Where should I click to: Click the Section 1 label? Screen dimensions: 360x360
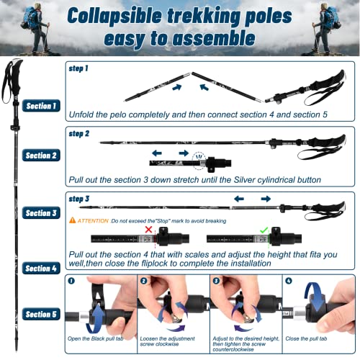point(40,107)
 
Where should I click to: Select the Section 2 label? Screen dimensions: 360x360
point(40,156)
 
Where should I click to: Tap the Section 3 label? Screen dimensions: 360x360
point(40,213)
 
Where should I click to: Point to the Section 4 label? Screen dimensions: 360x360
point(40,268)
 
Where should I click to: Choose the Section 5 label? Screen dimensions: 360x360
point(40,315)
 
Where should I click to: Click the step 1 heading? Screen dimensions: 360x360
point(78,68)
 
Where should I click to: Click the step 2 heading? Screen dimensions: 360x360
point(78,133)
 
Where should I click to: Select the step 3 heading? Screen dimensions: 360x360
point(78,198)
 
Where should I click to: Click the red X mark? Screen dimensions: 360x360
point(149,230)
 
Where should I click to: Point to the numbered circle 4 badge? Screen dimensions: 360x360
point(289,282)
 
